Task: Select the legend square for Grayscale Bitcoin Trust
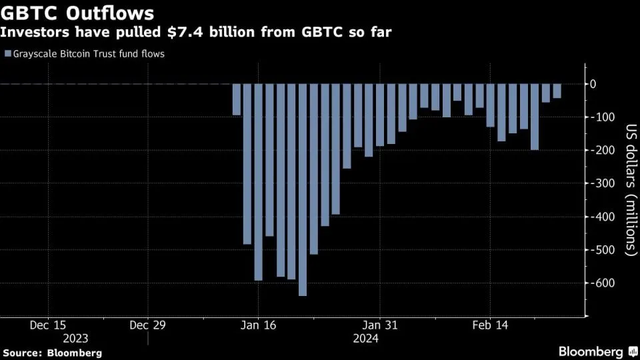pos(7,54)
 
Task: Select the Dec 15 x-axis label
pos(49,325)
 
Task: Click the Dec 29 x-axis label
pos(148,325)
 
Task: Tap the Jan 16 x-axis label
pos(258,325)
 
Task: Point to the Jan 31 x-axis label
pos(379,325)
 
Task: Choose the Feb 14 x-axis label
pos(490,325)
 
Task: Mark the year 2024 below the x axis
pos(366,339)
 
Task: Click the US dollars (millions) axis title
pos(629,190)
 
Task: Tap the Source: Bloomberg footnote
pos(53,352)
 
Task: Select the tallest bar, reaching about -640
pos(303,189)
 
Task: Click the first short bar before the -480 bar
pos(237,99)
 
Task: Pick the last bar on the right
pos(557,91)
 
